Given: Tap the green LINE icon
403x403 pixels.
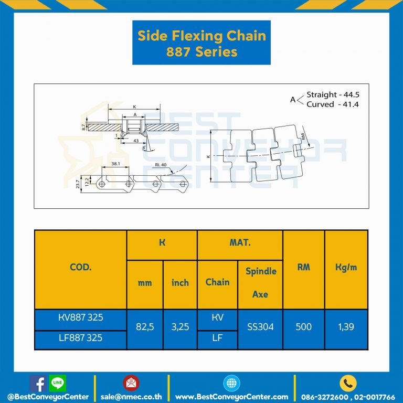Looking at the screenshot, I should click(57, 383).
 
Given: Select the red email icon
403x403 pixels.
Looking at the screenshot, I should click(131, 383).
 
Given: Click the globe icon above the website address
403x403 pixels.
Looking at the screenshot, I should click(231, 383).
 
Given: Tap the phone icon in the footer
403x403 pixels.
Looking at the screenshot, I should click(347, 383).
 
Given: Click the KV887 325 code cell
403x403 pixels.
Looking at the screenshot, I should click(80, 317).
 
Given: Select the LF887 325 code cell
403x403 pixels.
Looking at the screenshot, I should click(80, 337).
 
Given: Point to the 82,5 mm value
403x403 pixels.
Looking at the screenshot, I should click(144, 327).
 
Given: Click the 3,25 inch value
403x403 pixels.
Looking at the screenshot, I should click(180, 327).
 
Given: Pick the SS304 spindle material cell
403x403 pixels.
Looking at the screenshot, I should click(260, 327).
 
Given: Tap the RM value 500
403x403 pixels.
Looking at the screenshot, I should click(303, 327).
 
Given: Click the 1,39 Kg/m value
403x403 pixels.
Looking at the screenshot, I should click(345, 327).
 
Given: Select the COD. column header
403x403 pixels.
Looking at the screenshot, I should click(80, 267).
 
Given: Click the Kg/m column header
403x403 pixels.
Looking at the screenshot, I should click(346, 267).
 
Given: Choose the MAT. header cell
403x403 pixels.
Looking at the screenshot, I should click(240, 243).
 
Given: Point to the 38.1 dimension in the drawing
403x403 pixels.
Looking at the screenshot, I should click(116, 164).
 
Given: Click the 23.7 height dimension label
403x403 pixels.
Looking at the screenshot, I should click(78, 184).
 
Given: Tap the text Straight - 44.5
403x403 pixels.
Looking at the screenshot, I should click(333, 95).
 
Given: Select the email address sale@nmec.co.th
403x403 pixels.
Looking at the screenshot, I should click(131, 397).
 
